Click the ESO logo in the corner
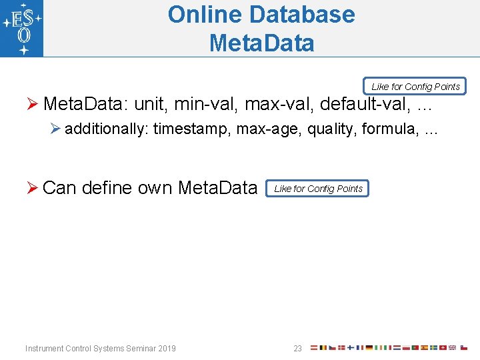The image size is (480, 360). [x=22, y=28]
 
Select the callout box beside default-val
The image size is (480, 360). [x=415, y=87]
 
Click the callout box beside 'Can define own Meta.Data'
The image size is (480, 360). [x=317, y=189]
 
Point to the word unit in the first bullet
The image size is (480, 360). [x=151, y=105]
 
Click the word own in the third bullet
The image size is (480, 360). [x=155, y=188]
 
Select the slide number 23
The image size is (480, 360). [x=298, y=349]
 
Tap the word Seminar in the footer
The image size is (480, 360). [x=139, y=349]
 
